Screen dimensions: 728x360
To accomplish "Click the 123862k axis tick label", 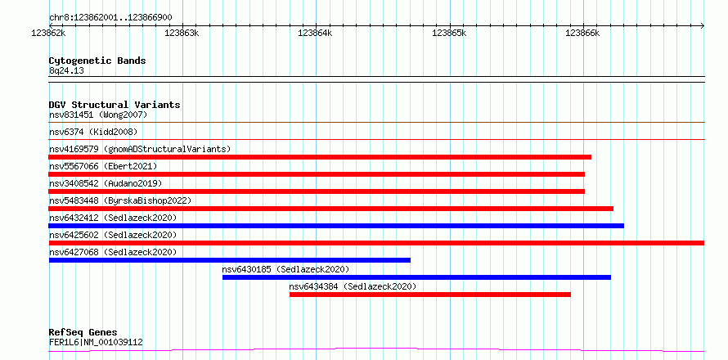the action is (49, 33).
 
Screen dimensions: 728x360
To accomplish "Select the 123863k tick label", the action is (182, 33).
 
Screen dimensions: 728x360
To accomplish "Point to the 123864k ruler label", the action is (315, 33).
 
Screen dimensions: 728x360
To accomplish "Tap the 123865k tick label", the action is (449, 33).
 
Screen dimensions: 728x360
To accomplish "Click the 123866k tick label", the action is (582, 33).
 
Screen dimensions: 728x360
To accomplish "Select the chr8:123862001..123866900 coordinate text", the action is (110, 18).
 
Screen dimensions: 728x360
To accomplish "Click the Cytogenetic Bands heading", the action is (97, 61).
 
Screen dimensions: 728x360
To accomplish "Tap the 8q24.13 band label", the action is (66, 71).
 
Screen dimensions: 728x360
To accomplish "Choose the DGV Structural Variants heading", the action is (115, 105).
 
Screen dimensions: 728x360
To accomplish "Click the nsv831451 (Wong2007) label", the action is (98, 115).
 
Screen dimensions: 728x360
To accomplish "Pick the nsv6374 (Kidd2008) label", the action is (93, 132).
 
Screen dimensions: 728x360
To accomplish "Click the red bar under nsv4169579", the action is (320, 157).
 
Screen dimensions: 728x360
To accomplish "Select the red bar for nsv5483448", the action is (331, 209).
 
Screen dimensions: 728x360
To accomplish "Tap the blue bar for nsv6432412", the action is (336, 226).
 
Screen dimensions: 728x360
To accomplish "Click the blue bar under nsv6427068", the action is (229, 260).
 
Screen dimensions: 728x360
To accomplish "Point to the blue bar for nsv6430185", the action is (416, 277).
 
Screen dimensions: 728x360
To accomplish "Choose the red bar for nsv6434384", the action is (430, 295).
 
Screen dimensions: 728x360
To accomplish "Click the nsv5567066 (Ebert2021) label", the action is (103, 166).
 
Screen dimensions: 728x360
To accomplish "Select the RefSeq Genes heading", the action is (83, 332).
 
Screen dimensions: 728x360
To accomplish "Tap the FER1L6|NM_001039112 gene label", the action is (96, 343).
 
